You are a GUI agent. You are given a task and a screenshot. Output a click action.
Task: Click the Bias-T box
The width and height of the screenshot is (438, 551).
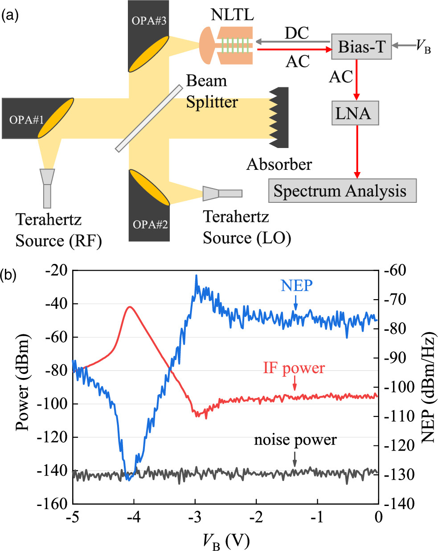coord(361,47)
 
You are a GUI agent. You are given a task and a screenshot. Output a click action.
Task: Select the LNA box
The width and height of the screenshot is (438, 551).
coord(355,113)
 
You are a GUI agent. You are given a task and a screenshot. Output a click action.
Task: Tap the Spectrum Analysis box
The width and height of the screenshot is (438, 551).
coord(342,191)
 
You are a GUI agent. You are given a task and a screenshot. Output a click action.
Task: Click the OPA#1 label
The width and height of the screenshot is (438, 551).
coord(27,120)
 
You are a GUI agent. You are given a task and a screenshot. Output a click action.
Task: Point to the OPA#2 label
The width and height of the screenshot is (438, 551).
coord(150,224)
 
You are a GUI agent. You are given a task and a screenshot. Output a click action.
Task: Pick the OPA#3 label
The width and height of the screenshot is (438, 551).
coord(149,21)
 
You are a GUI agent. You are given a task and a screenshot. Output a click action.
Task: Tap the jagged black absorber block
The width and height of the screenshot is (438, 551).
coord(280,118)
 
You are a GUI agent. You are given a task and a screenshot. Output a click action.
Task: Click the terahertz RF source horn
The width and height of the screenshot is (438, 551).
coord(47,187)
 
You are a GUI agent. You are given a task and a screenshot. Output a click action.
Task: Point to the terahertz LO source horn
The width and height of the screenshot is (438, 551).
coord(221,193)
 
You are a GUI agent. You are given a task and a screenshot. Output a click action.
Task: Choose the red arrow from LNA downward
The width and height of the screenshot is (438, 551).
coord(356,152)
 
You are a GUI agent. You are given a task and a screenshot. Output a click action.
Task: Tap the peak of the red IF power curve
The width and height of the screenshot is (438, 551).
coord(130,307)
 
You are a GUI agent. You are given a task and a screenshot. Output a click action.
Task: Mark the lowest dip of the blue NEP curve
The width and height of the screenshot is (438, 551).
coord(128,480)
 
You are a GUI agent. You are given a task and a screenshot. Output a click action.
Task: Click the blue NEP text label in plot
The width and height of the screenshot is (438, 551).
coord(297,286)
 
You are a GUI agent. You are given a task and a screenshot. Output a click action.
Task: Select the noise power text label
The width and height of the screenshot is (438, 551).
coord(295,440)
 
